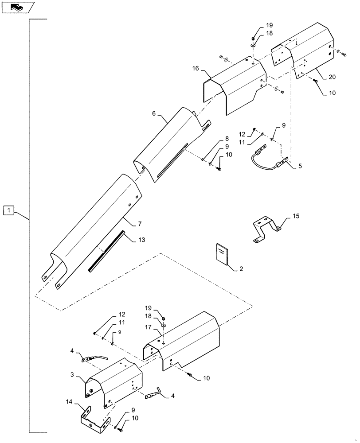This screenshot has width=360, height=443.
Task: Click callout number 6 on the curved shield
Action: tap(154, 114)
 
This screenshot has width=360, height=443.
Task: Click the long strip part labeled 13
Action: tap(106, 253)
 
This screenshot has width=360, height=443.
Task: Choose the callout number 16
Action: tap(196, 69)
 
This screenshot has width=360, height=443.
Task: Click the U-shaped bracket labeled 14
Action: tap(94, 419)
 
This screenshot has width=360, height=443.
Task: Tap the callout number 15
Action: tap(295, 217)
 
